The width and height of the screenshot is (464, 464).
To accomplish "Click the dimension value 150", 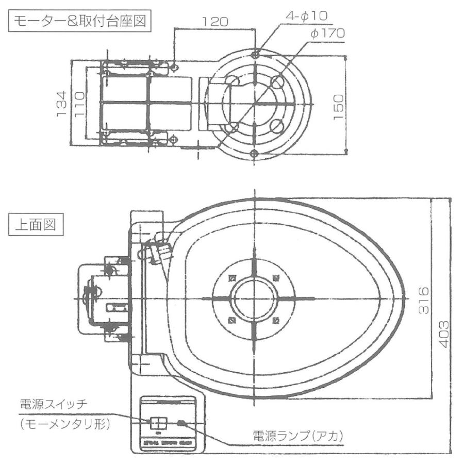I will click(x=338, y=105).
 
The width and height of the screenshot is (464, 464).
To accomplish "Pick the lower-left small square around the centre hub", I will click(x=231, y=320).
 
